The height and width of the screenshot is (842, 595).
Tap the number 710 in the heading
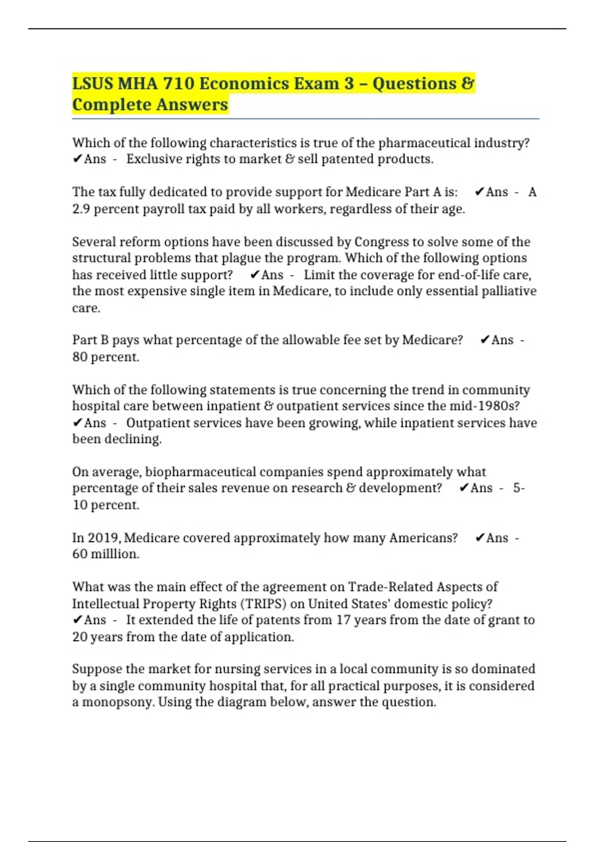pos(178,84)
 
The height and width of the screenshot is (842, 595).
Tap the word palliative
pos(509,291)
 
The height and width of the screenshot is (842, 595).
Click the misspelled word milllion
pos(115,554)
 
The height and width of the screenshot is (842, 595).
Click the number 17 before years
pos(343,620)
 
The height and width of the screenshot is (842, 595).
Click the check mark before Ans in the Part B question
pos(484,340)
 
